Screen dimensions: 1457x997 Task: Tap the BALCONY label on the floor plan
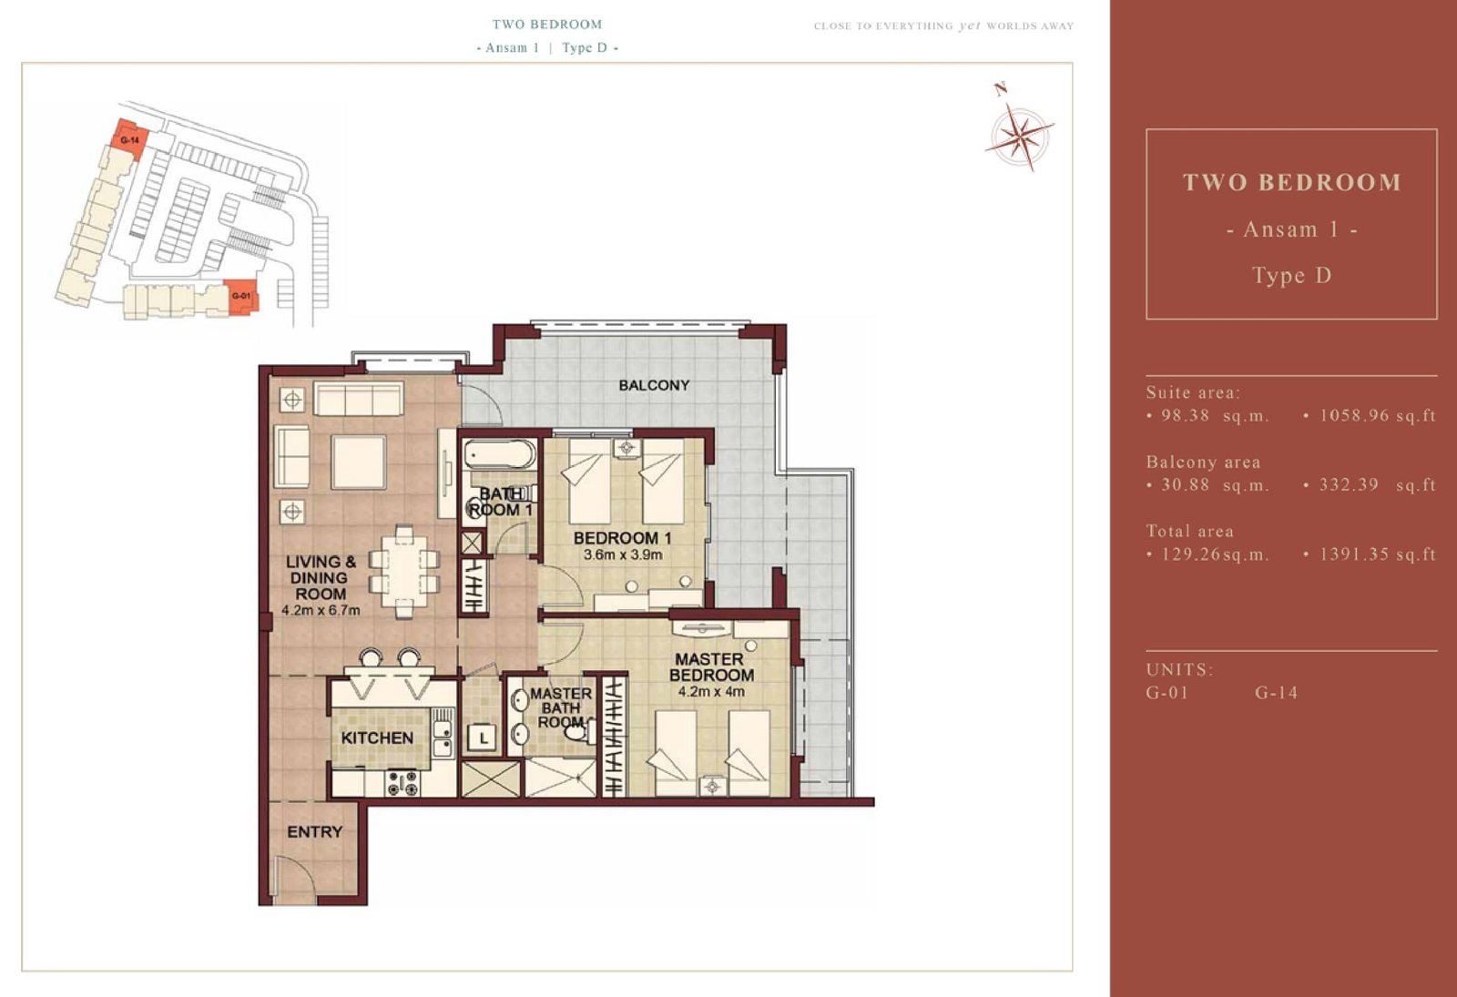pos(654,385)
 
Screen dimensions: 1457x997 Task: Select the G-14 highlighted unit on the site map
pos(130,138)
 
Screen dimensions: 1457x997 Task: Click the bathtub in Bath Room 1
pos(500,454)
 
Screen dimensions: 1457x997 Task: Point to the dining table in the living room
pos(404,570)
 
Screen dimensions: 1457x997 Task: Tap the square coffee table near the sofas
pos(359,462)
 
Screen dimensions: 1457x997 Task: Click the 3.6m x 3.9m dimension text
pos(623,554)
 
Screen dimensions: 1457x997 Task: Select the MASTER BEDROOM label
pos(711,667)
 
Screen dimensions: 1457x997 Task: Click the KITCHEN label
pos(377,738)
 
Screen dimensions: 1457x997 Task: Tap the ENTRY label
pos(315,832)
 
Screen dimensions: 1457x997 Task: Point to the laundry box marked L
pos(484,738)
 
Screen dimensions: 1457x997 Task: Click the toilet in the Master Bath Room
pos(577,731)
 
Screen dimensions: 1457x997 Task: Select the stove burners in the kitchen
pos(403,782)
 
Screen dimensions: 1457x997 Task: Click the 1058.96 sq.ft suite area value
pos(1377,415)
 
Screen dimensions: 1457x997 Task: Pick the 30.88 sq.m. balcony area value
pos(1208,485)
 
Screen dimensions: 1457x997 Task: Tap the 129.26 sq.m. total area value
pos(1207,554)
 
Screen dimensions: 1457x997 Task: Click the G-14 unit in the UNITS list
pos(1276,693)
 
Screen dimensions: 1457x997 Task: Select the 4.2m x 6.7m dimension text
pos(321,611)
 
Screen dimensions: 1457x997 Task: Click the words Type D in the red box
pos(1292,276)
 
